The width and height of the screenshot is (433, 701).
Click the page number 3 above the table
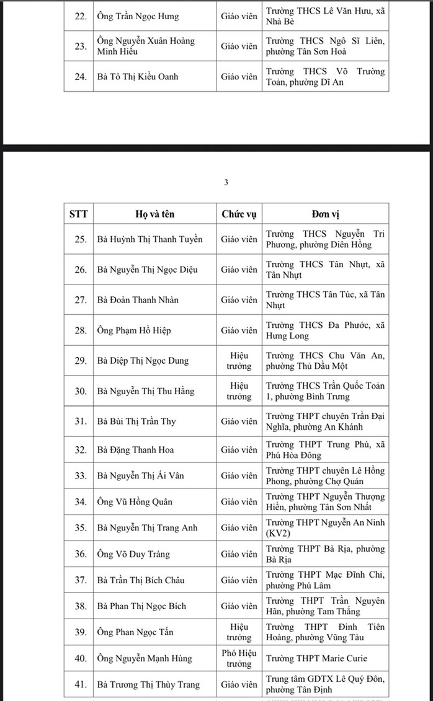click(226, 182)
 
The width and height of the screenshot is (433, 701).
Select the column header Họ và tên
click(154, 214)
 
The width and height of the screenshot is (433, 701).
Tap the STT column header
click(78, 214)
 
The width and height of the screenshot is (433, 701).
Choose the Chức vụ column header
click(239, 214)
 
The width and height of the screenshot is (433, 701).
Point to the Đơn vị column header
click(325, 214)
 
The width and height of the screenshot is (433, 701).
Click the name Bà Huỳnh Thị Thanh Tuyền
click(150, 239)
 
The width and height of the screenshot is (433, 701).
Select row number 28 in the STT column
click(80, 330)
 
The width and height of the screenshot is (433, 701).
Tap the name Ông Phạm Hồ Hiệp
click(133, 330)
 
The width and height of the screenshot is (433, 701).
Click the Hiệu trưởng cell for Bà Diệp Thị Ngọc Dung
click(239, 361)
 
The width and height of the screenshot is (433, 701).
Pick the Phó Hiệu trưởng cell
click(239, 658)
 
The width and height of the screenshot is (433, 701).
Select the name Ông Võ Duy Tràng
click(132, 555)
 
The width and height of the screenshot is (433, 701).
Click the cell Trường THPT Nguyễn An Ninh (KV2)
click(325, 527)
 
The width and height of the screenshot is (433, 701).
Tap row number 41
click(80, 684)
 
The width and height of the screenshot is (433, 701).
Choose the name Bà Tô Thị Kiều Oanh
click(138, 77)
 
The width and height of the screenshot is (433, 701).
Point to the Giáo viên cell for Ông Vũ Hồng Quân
click(239, 502)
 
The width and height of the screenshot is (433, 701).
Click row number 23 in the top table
click(80, 46)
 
